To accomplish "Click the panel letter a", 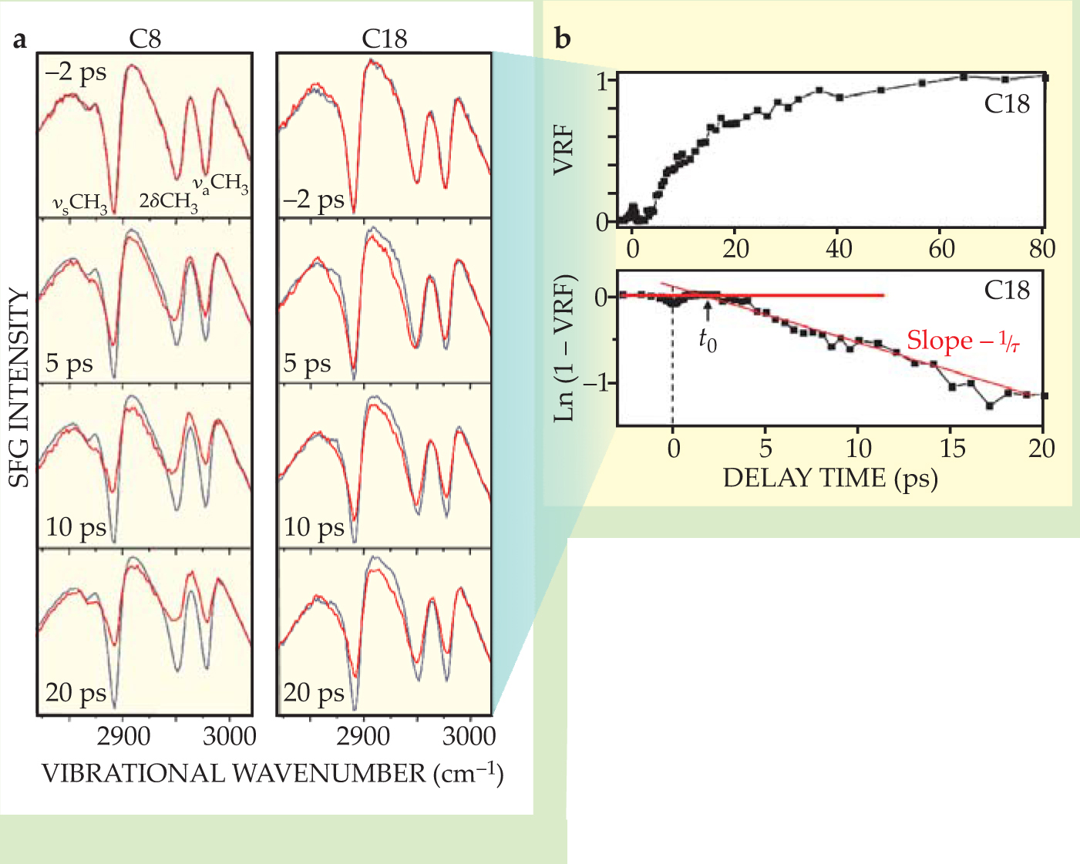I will [x=20, y=39].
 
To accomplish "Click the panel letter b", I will [x=563, y=39].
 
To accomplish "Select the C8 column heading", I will [x=145, y=39].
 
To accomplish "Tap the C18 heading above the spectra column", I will [x=384, y=39].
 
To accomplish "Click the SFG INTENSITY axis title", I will [x=19, y=388].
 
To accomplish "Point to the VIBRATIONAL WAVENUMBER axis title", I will [x=272, y=773].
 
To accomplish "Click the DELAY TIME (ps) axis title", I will [x=830, y=479].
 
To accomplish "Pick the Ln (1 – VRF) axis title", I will [x=565, y=348].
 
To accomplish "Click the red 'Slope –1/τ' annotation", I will [x=963, y=341].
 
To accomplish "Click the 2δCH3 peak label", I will [x=168, y=202].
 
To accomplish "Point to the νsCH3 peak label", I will [x=79, y=203].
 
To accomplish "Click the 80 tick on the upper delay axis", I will [x=1042, y=249].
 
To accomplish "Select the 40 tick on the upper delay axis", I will [x=839, y=249].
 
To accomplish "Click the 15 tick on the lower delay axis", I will [x=952, y=448].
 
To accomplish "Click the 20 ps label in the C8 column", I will [x=76, y=692].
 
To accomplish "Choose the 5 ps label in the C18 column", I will [x=307, y=363].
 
